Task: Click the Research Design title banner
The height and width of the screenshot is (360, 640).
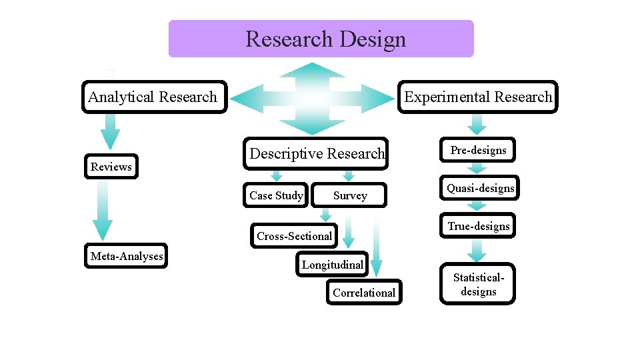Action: tap(321, 39)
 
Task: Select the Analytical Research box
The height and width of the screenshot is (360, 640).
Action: tap(153, 97)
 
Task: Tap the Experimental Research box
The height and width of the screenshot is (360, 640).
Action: tap(477, 97)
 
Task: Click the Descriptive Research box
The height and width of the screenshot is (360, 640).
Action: tap(316, 153)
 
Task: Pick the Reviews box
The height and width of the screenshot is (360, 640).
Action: tap(111, 167)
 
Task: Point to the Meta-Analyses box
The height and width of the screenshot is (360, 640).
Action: tap(126, 256)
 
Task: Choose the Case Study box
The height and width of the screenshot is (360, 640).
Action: tap(275, 195)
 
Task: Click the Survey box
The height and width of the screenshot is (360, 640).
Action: tap(350, 195)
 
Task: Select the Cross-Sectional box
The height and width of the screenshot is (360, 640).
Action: tap(294, 236)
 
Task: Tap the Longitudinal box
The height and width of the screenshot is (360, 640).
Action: tap(332, 265)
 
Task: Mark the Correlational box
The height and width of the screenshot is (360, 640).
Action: tap(364, 293)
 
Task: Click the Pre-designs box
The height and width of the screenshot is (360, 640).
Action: tap(477, 151)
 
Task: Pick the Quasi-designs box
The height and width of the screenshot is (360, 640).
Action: tap(480, 189)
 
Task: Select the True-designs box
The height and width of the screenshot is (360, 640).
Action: tap(478, 227)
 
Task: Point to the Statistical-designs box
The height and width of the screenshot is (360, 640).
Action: tap(477, 285)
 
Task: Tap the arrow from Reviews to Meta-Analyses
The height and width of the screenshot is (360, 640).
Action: tap(103, 210)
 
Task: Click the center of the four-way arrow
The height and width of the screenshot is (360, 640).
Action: tap(311, 99)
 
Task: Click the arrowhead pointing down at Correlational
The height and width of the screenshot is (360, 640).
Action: tap(377, 268)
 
